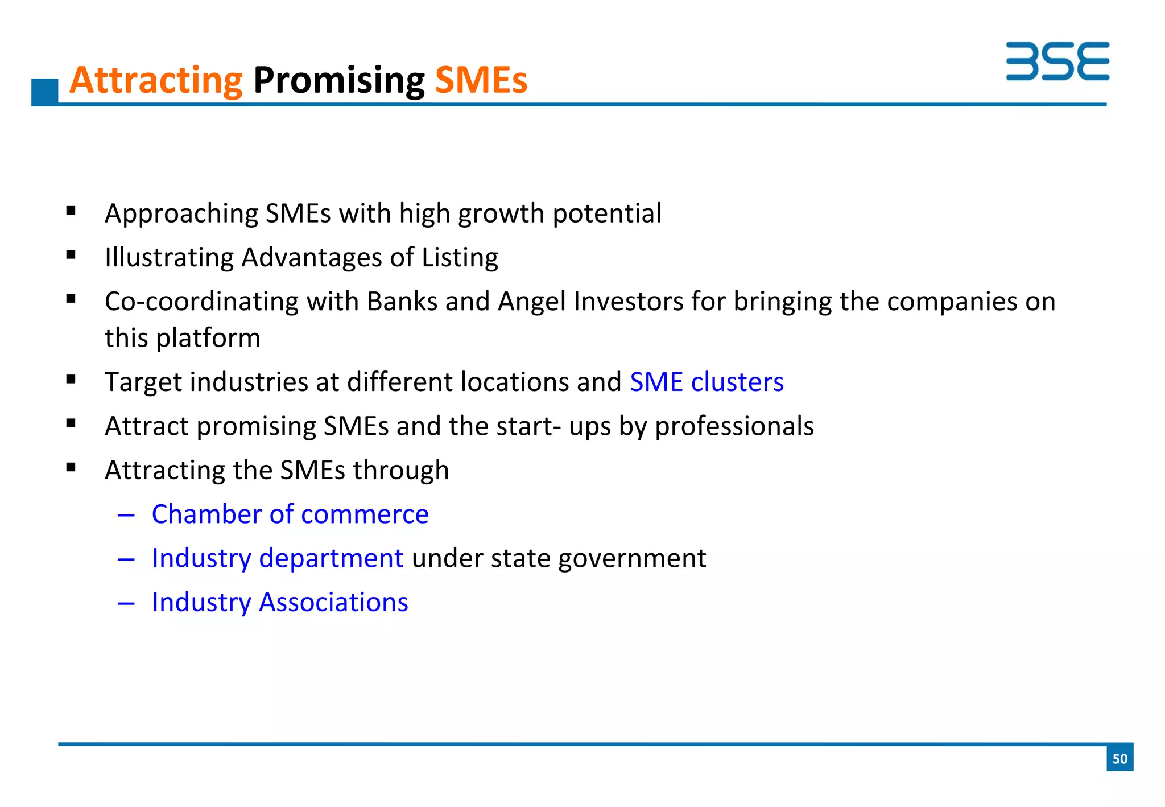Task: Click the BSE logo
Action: tap(1057, 61)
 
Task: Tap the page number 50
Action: tap(1119, 758)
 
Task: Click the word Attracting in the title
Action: tap(156, 80)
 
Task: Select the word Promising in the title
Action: tap(338, 80)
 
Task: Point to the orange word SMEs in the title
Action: tap(481, 80)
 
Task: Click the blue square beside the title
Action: tap(45, 91)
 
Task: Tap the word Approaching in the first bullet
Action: tap(181, 214)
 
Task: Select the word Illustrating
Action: tap(169, 258)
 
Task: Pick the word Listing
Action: tap(460, 258)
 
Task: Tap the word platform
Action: tap(208, 338)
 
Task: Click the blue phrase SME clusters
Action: tap(707, 382)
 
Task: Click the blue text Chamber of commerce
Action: tap(290, 514)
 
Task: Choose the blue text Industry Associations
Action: tap(280, 602)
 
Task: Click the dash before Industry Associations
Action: tap(126, 603)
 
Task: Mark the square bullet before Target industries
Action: tap(71, 380)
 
